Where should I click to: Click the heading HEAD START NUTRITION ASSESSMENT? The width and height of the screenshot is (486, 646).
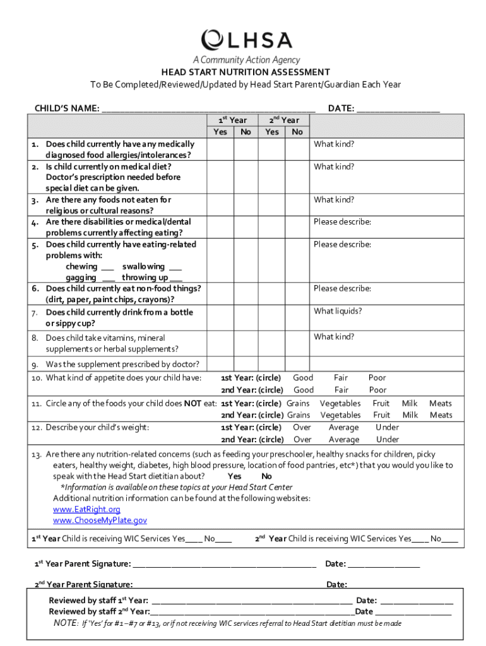point(245,73)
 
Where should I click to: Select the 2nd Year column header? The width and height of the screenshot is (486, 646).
point(284,120)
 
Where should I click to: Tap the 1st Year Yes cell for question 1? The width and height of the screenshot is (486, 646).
point(220,149)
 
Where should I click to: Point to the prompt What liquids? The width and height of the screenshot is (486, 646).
point(338,311)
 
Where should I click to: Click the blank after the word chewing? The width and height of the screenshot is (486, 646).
point(107,267)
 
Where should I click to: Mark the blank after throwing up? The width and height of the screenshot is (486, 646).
point(176,278)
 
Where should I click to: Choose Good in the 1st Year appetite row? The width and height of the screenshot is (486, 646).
point(303,378)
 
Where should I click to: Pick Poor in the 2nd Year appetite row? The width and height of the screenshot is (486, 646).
point(377,390)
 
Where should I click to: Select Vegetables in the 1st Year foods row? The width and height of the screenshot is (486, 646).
point(340,403)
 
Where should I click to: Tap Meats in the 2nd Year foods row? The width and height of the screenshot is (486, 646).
point(441,415)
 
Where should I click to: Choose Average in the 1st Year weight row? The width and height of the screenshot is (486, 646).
point(343,427)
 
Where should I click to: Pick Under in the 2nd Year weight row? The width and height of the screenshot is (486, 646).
point(387,440)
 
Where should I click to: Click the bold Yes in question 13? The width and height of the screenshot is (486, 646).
point(234,476)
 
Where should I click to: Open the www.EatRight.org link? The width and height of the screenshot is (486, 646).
point(86,509)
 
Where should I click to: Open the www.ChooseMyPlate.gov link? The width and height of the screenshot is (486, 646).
point(100,520)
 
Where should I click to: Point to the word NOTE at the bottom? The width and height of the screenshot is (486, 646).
point(65,623)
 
